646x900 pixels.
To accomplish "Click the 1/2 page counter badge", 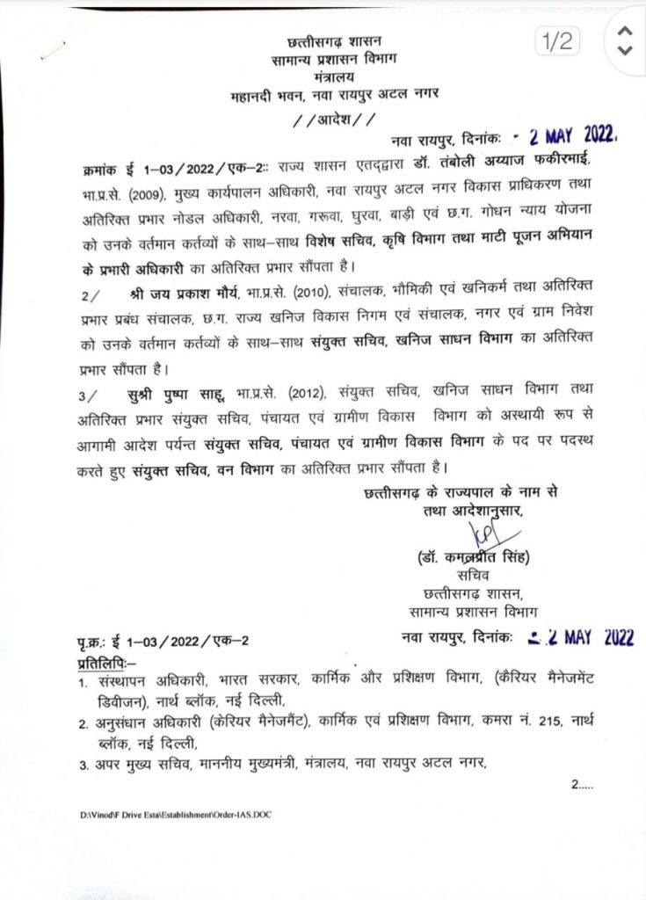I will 557,40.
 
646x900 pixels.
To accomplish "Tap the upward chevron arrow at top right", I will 624,31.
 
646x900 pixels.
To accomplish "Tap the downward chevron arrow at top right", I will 624,52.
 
